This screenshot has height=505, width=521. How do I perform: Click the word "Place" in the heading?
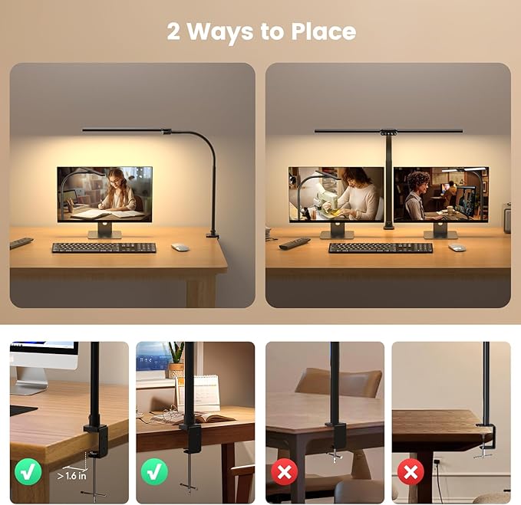(x=323, y=32)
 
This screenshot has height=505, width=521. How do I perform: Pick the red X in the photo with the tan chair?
(x=285, y=471)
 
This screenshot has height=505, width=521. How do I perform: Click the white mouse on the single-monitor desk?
(x=180, y=247)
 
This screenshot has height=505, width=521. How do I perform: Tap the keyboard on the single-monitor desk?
(x=104, y=248)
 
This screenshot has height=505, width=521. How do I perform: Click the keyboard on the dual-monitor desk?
(x=381, y=248)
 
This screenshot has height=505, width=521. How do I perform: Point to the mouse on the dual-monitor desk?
(x=457, y=248)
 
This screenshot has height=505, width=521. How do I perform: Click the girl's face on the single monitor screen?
(x=120, y=181)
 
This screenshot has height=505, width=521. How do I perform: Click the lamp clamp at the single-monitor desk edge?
(x=213, y=233)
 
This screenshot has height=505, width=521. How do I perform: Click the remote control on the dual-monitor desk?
(x=295, y=243)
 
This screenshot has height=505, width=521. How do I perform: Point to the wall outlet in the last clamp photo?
(x=437, y=463)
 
